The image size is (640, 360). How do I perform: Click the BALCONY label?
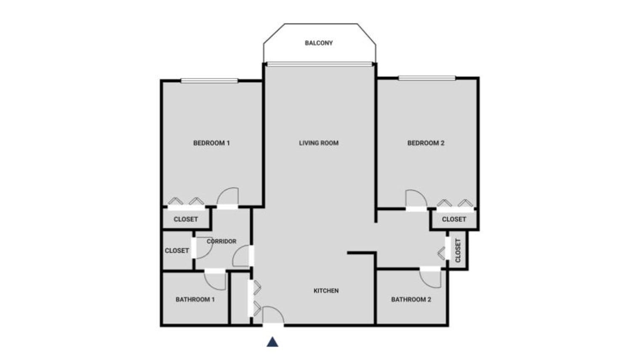(319, 43)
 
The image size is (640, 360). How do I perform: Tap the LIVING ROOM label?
(319, 143)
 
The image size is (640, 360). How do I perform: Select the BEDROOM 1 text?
(211, 143)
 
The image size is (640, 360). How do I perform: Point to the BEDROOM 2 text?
(426, 143)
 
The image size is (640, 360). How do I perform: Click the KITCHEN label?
(326, 291)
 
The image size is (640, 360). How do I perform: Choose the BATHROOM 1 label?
(195, 300)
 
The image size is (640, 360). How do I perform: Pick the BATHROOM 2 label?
(411, 300)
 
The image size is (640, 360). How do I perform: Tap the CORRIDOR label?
(221, 242)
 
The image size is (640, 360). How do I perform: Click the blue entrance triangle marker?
(272, 342)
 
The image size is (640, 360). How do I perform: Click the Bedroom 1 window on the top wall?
(209, 81)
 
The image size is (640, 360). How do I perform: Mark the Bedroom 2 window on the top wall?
(427, 78)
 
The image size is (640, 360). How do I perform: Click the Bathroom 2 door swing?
(431, 278)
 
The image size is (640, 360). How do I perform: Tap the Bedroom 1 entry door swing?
(228, 196)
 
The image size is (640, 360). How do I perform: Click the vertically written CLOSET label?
(458, 251)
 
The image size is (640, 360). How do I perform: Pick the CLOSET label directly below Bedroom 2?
(454, 219)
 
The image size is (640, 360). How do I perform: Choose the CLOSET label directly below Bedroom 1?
(186, 219)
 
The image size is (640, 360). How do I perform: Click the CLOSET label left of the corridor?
(177, 251)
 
